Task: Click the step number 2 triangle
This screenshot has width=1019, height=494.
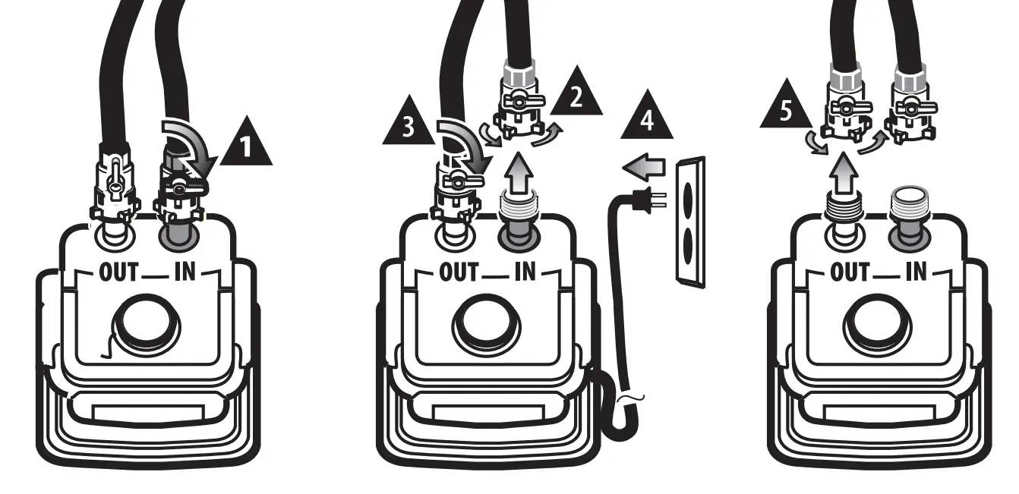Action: [576, 96]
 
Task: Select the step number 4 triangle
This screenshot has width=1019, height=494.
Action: [647, 119]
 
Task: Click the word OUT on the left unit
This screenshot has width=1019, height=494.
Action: [118, 272]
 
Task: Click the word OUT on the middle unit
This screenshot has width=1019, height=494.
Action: [458, 272]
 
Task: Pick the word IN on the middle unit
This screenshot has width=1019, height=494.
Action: [524, 272]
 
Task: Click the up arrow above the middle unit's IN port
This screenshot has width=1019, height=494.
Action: [519, 171]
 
